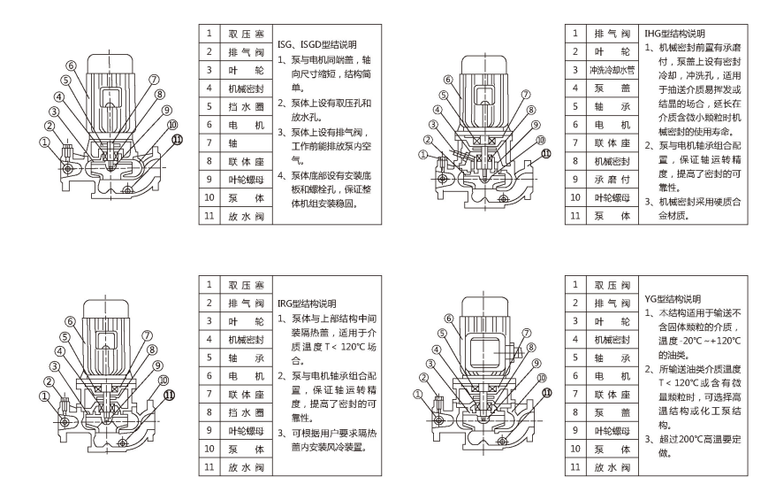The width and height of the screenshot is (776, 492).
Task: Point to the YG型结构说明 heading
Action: pyautogui.click(x=677, y=298)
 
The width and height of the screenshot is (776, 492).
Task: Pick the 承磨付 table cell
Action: pyautogui.click(x=609, y=180)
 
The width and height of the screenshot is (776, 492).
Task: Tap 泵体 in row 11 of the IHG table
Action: pyautogui.click(x=609, y=216)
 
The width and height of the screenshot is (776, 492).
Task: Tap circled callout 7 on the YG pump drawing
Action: pyautogui.click(x=527, y=335)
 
